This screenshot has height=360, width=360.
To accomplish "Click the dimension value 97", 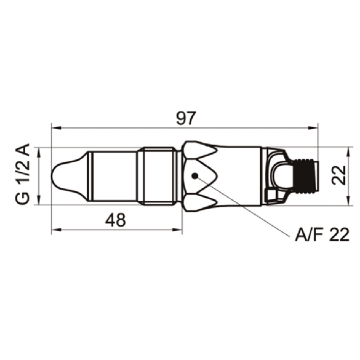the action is point(186,118).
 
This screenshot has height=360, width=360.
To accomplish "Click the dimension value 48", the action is point(115,220).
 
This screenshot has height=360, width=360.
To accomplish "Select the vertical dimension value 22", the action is point(339,175).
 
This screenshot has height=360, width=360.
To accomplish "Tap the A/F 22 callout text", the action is point(322,235).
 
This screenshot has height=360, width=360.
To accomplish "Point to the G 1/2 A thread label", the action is point(23,174).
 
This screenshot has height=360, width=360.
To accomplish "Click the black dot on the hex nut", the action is point(195,176).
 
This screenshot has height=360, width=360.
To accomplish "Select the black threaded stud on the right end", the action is point(306,177).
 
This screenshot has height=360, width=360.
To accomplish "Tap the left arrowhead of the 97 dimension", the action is point(56,128).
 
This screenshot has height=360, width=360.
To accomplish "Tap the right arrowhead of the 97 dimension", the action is point(313,128).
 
